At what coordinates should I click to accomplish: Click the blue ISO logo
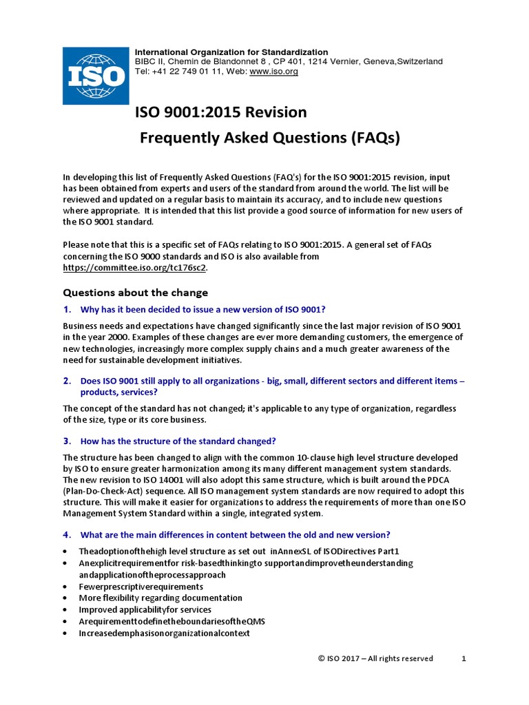click(95, 76)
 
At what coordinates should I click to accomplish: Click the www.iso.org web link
click(273, 72)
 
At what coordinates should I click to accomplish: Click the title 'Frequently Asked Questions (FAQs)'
click(270, 138)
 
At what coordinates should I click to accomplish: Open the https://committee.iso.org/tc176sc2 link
click(134, 267)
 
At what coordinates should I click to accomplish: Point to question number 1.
click(68, 309)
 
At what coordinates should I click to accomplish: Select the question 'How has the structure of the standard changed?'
click(178, 441)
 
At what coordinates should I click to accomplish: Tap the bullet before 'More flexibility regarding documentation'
click(65, 598)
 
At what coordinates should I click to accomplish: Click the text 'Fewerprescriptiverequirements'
click(141, 587)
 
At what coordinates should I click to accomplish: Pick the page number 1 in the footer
click(464, 658)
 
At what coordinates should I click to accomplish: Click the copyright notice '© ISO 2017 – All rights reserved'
click(375, 658)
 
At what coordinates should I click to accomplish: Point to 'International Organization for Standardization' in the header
click(231, 52)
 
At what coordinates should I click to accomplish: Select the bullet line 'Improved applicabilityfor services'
click(145, 610)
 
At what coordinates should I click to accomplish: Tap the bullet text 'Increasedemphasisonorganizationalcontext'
click(164, 633)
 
